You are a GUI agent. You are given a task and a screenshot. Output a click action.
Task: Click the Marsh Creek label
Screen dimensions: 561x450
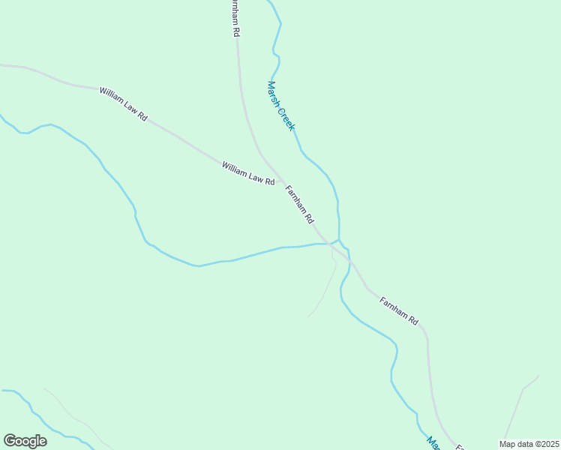[281, 106]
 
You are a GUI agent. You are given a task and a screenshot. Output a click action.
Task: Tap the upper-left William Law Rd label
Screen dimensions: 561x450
[124, 103]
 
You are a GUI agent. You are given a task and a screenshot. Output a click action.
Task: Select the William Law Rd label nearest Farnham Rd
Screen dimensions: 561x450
[248, 173]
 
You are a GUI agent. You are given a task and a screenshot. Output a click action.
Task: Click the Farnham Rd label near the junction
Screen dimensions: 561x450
[298, 205]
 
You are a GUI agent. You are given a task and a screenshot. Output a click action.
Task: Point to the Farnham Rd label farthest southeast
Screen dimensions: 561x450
[399, 310]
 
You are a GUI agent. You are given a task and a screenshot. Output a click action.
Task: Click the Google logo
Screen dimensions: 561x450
[25, 441]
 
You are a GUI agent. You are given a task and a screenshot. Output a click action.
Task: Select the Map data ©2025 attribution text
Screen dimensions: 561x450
[529, 443]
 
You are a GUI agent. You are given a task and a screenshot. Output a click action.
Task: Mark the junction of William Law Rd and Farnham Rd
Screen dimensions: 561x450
[282, 181]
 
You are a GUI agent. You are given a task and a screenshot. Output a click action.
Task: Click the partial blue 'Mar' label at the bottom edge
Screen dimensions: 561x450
[433, 443]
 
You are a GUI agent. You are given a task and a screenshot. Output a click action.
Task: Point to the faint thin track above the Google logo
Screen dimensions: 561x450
[71, 412]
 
